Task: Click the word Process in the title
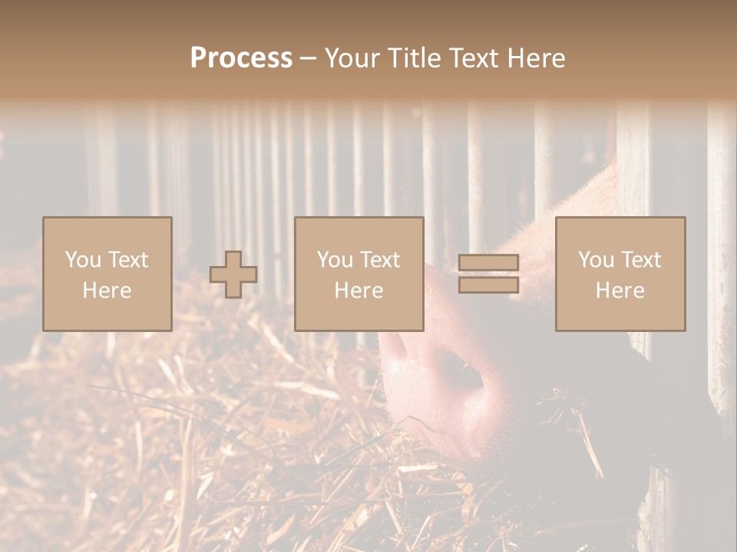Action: pos(241,58)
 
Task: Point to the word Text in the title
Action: pos(476,58)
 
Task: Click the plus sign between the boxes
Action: pos(233,274)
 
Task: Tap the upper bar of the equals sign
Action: pos(488,263)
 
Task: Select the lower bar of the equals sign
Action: pos(488,285)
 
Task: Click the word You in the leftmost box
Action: pos(81,260)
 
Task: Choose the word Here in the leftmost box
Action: pos(107,291)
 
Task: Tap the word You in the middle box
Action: pos(334,260)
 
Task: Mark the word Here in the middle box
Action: pos(359,291)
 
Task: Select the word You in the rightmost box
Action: pos(595,260)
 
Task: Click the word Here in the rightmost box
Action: pos(620,291)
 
